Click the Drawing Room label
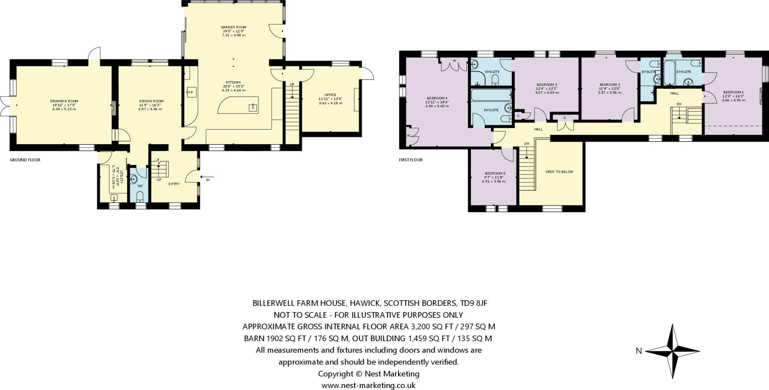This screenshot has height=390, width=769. pos(64,101)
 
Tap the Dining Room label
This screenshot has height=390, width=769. pos(151,101)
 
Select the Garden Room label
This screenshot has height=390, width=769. pos(233,27)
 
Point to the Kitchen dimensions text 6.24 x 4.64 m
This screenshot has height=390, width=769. pos(233,90)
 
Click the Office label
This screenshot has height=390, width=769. pos(330,95)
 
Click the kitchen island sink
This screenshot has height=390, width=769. pos(253,108)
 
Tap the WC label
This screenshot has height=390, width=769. pos(140,186)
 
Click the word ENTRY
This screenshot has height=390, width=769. pos(174,184)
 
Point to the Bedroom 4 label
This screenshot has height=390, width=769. pos(437,98)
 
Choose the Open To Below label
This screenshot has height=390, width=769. pos(559,172)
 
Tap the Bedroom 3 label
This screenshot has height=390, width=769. pos(547,85)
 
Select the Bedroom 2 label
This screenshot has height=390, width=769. pos(609,85)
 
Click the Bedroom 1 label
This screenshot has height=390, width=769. pos(733,92)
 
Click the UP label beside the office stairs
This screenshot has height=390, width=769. pos(292,84)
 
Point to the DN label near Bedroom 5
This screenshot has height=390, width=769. pos(526,144)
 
